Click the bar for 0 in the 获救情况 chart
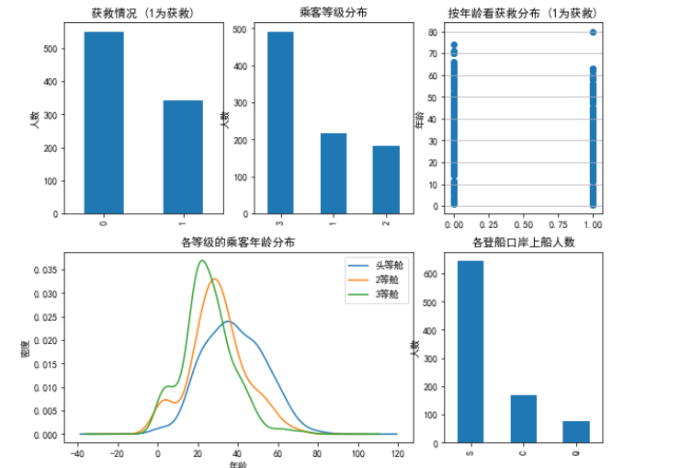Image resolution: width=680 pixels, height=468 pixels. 104,122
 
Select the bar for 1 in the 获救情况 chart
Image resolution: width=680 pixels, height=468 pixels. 183,156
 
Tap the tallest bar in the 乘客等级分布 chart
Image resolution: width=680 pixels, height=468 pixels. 280,122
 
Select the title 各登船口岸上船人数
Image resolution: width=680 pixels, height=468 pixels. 523,244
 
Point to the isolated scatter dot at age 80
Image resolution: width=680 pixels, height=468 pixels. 594,32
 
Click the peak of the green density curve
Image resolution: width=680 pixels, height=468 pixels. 203,261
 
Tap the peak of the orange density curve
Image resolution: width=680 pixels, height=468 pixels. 214,279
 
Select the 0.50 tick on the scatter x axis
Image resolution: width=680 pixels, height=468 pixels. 523,224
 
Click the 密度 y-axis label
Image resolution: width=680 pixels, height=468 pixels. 28,350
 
